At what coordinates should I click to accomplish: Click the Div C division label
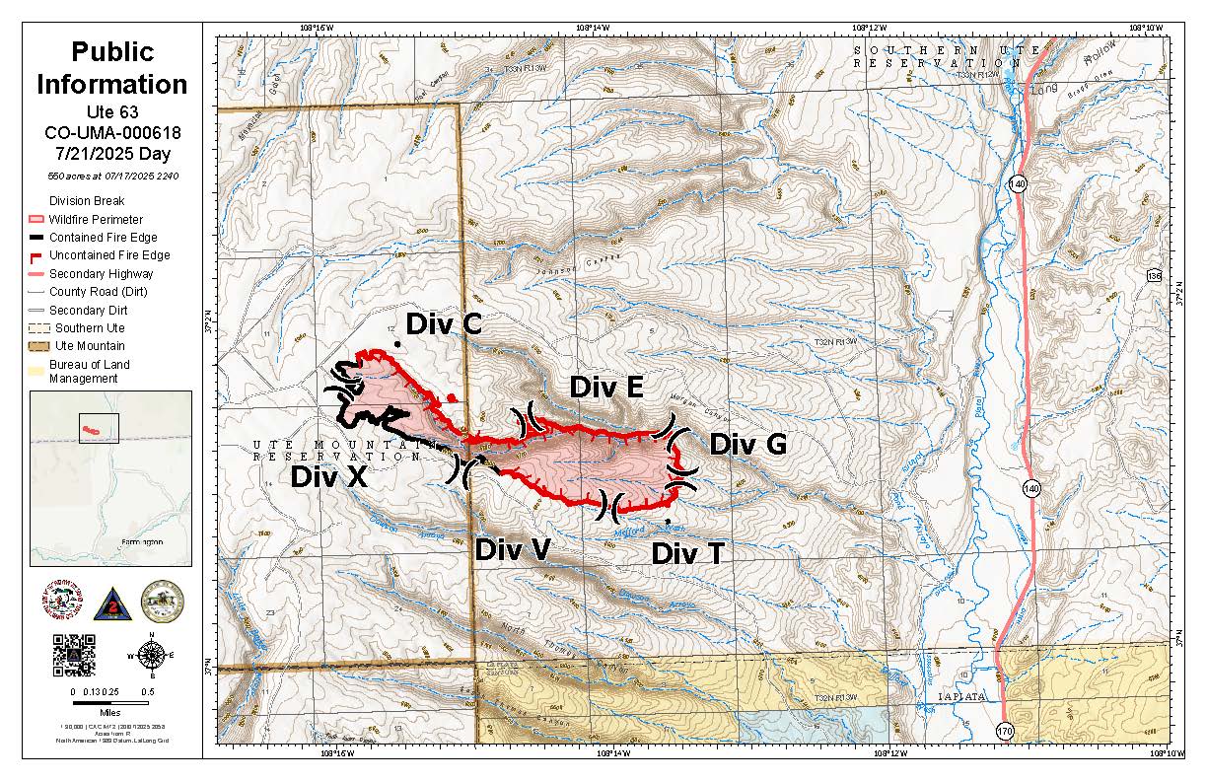pos(444,324)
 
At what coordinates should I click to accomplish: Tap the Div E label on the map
pos(606,388)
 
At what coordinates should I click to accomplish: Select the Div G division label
pos(747,445)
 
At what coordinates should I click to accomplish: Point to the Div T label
pos(687,553)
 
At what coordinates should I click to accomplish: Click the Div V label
pos(512,550)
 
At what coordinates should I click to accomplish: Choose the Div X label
pos(328,477)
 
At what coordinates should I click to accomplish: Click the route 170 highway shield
pos(1005,731)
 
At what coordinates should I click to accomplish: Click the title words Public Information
pos(111,68)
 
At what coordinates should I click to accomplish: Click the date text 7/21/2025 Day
pos(111,154)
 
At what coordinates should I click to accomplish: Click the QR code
pos(74,654)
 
